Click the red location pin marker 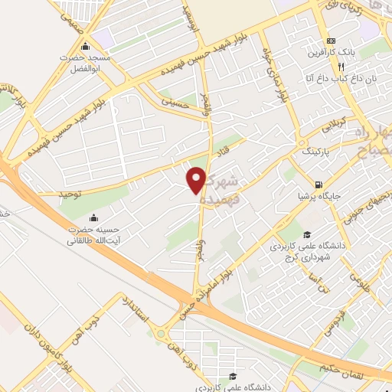pyautogui.click(x=197, y=179)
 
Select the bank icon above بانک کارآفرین pyautogui.click(x=331, y=41)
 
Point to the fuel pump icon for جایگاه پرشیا pyautogui.click(x=318, y=185)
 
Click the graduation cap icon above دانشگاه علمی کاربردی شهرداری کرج pyautogui.click(x=306, y=235)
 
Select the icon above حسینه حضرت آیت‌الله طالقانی pyautogui.click(x=93, y=217)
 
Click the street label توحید pyautogui.click(x=70, y=194)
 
